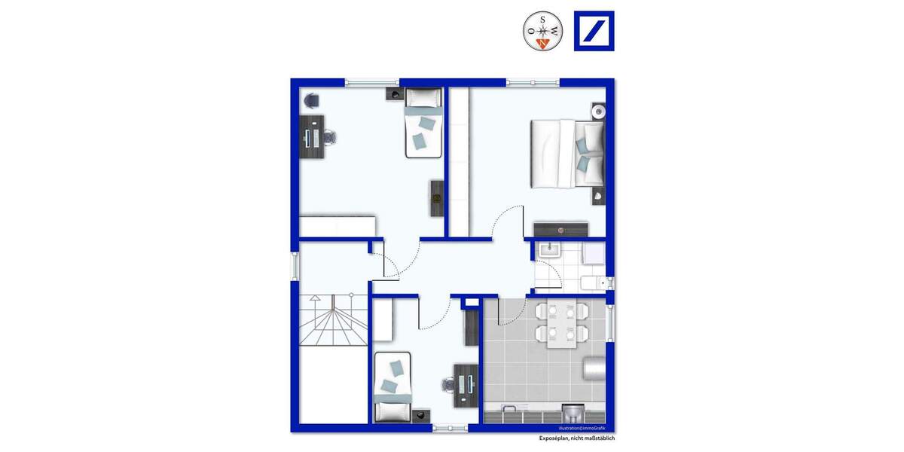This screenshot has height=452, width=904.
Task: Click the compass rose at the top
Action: pos(542,32)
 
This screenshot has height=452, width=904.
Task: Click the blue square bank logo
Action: pos(594,32)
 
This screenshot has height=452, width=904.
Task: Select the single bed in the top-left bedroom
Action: pos(423,123)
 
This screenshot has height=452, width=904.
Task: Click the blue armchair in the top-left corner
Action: pos(310,99)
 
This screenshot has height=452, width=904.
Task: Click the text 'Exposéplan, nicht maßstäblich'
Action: pos(576,438)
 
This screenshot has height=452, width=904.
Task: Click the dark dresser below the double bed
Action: pos(560,229)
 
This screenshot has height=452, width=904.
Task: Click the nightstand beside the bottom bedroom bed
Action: pos(419,413)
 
